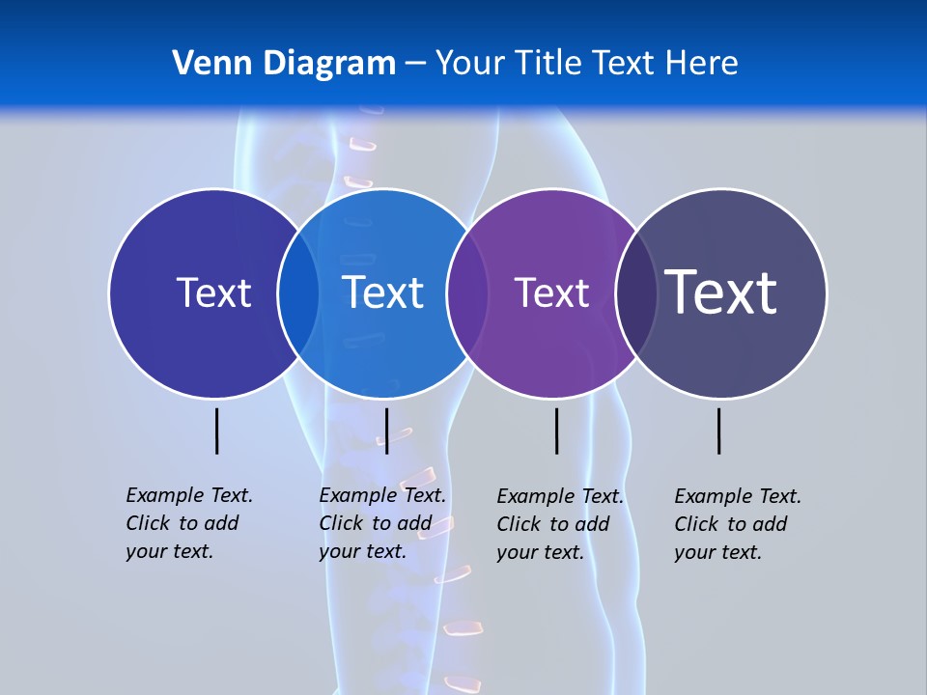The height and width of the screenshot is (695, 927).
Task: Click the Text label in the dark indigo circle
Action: click(213, 292)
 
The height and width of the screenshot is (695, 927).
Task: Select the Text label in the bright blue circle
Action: click(383, 292)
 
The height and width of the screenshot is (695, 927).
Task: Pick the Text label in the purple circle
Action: click(551, 292)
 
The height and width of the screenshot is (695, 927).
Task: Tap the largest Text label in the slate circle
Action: click(721, 292)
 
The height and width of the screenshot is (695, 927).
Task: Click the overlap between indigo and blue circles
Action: click(298, 292)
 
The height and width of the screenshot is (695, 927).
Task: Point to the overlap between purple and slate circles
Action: click(635, 292)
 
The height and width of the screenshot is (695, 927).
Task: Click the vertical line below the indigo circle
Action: click(216, 431)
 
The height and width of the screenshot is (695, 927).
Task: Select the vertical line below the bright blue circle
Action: click(386, 431)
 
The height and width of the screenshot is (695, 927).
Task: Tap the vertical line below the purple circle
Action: click(556, 431)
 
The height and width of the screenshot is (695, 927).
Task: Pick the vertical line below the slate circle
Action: click(719, 431)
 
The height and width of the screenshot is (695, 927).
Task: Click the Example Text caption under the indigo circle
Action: click(188, 523)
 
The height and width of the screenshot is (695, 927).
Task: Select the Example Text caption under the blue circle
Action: click(381, 523)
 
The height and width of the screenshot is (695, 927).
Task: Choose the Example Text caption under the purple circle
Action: click(559, 524)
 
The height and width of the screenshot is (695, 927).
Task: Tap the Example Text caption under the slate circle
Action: click(737, 524)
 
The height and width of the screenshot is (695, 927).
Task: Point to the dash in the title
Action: click(414, 64)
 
